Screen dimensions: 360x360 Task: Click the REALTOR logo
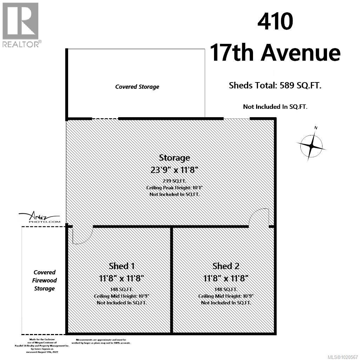(21, 25)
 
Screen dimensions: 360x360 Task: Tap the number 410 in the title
(275, 21)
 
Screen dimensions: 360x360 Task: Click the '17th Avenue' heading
(275, 53)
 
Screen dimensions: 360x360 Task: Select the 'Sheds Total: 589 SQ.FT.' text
(275, 85)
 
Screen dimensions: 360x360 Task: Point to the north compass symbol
(311, 145)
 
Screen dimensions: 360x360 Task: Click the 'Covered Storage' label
(137, 87)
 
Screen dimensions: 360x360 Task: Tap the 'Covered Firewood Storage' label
(45, 280)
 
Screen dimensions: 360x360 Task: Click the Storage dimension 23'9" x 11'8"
(174, 170)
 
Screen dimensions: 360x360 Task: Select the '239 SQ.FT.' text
(174, 181)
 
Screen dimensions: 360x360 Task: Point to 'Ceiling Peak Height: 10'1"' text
(174, 188)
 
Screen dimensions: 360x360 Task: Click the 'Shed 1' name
(121, 266)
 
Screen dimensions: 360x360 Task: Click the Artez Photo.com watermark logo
(39, 218)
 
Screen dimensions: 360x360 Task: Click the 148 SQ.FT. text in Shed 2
(226, 289)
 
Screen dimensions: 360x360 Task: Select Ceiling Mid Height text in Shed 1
(121, 296)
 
